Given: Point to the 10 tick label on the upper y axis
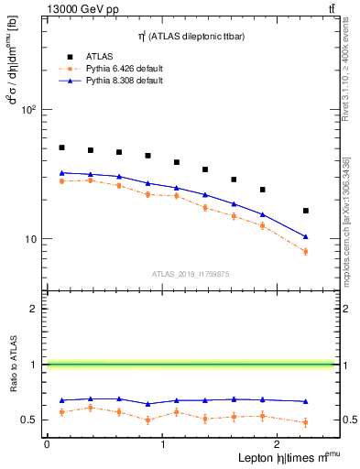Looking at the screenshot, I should click(x=29, y=239).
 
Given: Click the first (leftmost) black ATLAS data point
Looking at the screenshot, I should click(x=61, y=147).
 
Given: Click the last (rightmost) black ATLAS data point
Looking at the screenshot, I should click(x=306, y=211).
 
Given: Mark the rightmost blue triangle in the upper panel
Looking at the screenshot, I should click(x=306, y=236).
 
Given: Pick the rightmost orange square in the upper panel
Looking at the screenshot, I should click(x=306, y=252).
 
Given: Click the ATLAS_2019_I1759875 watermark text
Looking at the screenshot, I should click(x=190, y=273).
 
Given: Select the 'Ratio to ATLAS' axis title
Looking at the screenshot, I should click(x=15, y=365).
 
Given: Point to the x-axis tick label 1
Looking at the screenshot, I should click(x=162, y=445).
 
